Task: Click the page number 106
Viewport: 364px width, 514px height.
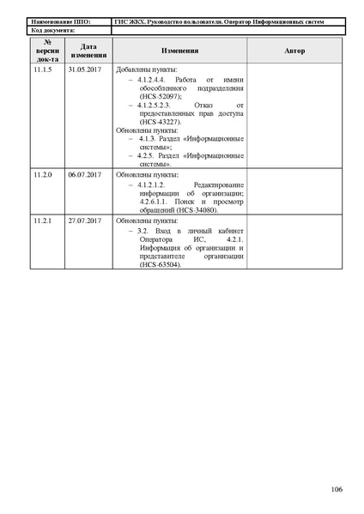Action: tap(336, 489)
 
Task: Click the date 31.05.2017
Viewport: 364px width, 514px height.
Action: tap(85, 69)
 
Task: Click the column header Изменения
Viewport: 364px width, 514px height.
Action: tap(179, 51)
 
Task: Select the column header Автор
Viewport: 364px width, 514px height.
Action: tap(294, 51)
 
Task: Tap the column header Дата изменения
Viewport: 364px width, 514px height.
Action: tap(87, 51)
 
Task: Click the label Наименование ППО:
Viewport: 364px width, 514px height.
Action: tap(58, 21)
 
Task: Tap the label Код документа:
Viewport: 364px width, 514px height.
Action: tap(47, 30)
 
